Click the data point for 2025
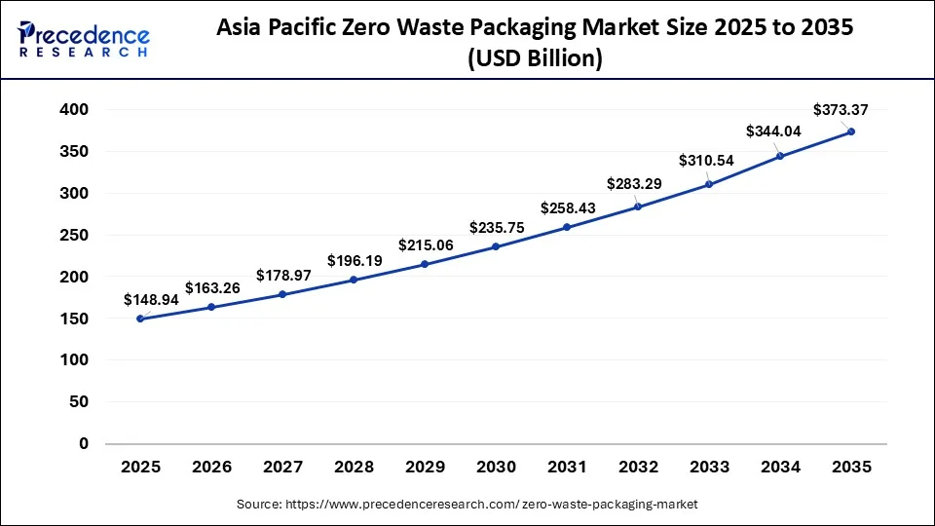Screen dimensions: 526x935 click(x=140, y=319)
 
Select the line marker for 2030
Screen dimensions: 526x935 click(x=496, y=246)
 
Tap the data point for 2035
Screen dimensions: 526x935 click(x=851, y=131)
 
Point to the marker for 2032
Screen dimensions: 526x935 click(x=638, y=207)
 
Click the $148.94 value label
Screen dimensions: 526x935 click(x=151, y=300)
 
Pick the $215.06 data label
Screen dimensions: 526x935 click(x=426, y=245)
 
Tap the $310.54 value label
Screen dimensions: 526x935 click(x=706, y=159)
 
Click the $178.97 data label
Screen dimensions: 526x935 click(x=283, y=276)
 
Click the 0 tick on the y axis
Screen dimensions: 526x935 click(x=84, y=443)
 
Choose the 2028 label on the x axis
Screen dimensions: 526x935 click(x=354, y=468)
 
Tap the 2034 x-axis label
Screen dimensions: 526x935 click(x=780, y=468)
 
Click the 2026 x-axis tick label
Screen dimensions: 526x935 click(x=211, y=468)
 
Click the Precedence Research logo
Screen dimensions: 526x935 click(x=84, y=39)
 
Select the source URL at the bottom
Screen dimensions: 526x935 click(x=467, y=505)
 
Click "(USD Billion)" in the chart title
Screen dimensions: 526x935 click(x=535, y=59)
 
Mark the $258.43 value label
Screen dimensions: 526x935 click(x=568, y=208)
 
